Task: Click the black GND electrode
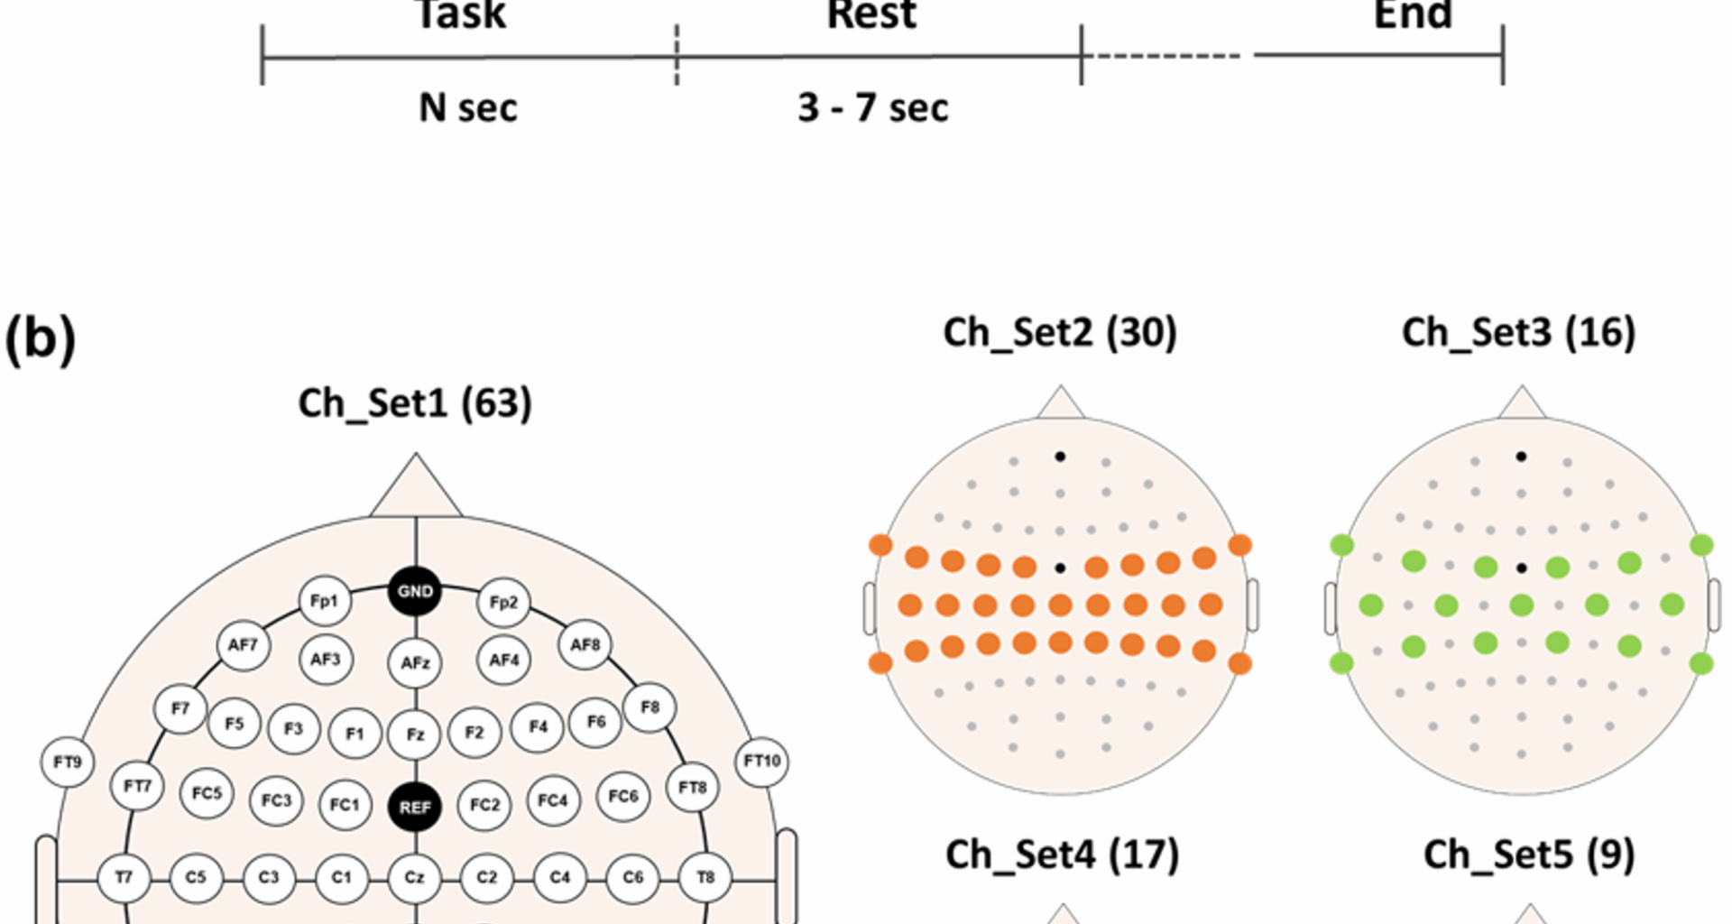pyautogui.click(x=415, y=592)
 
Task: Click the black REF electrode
pyautogui.click(x=415, y=807)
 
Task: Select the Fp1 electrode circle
pyautogui.click(x=324, y=601)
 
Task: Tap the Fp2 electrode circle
pyautogui.click(x=503, y=603)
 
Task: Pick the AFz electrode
pyautogui.click(x=415, y=663)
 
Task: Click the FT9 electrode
pyautogui.click(x=68, y=762)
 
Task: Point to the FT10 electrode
pyautogui.click(x=762, y=762)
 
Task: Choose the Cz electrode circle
pyautogui.click(x=414, y=877)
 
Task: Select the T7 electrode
pyautogui.click(x=124, y=877)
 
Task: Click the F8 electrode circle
pyautogui.click(x=649, y=707)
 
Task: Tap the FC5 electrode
pyautogui.click(x=207, y=793)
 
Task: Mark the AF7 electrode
pyautogui.click(x=243, y=645)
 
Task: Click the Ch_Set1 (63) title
pyautogui.click(x=415, y=403)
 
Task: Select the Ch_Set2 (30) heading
pyautogui.click(x=1060, y=333)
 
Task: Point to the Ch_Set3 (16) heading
pyautogui.click(x=1518, y=333)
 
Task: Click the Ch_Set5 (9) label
pyautogui.click(x=1529, y=855)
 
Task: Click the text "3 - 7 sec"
pyautogui.click(x=872, y=108)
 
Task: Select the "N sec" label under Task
pyautogui.click(x=468, y=108)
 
